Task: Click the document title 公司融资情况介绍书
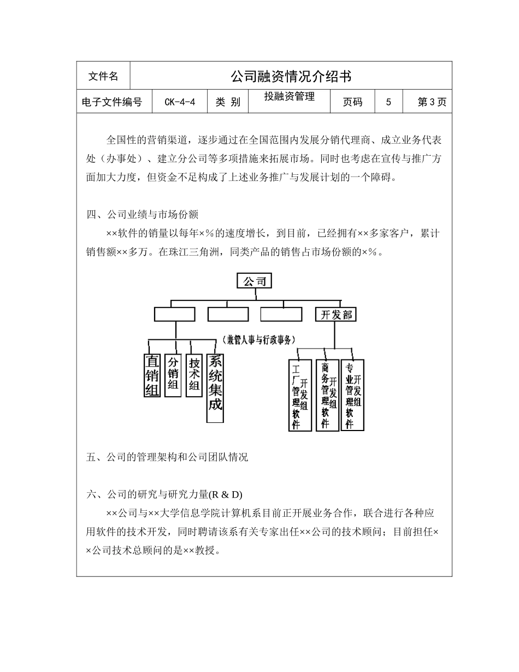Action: click(291, 76)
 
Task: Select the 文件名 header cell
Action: click(103, 76)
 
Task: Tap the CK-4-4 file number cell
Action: click(179, 102)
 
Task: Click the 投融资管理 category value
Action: click(289, 97)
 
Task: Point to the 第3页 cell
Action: click(432, 102)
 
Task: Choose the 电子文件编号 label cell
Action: click(111, 102)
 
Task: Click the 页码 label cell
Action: click(352, 102)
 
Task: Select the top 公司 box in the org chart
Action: click(254, 281)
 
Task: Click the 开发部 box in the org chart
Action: click(336, 314)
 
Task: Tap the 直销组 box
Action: click(151, 375)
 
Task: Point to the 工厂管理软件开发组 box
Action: click(300, 394)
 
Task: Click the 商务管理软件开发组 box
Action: click(327, 394)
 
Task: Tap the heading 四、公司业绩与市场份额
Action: click(146, 214)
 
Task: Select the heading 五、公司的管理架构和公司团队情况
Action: click(167, 457)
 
